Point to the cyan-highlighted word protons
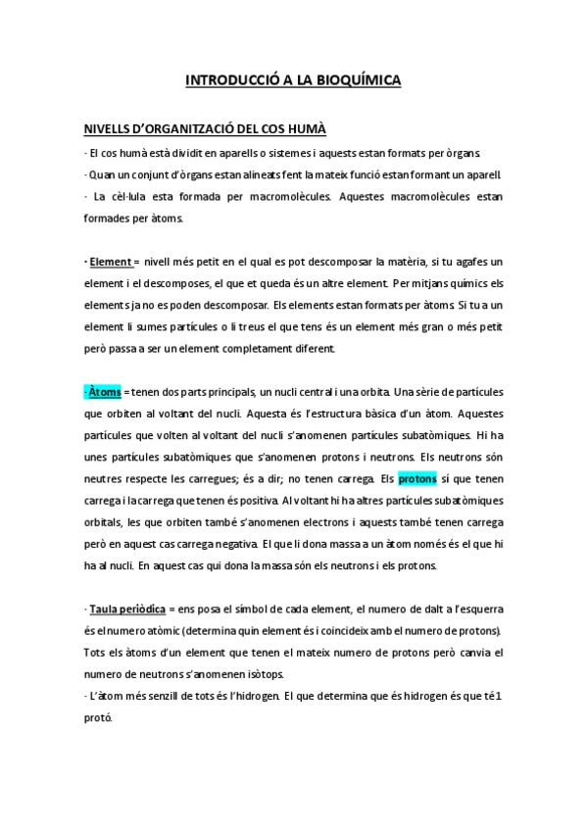[417, 479]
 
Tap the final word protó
[99, 718]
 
